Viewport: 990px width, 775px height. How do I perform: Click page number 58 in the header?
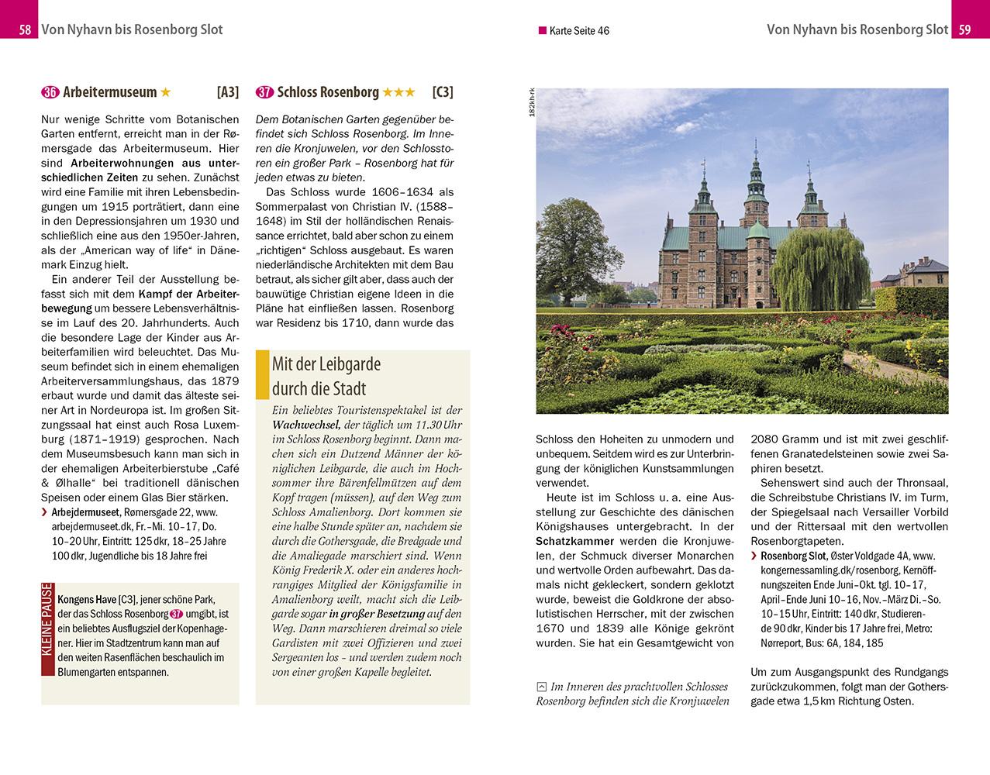(25, 30)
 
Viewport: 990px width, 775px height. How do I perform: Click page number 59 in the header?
(964, 30)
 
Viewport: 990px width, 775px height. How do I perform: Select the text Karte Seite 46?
(578, 31)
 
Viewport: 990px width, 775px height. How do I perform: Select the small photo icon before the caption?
(541, 687)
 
